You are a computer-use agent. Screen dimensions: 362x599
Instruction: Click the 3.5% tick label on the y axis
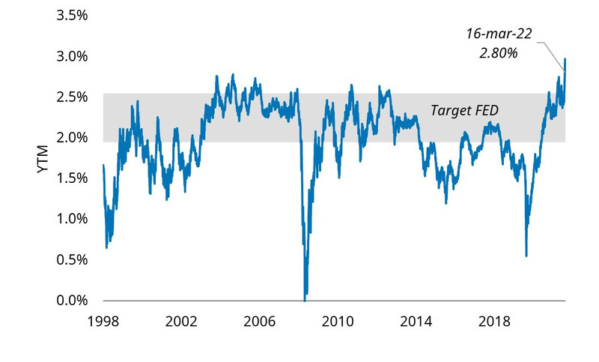(73, 15)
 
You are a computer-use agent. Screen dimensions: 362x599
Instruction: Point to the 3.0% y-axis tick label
(73, 56)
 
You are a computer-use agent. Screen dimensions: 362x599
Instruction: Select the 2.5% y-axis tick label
(73, 97)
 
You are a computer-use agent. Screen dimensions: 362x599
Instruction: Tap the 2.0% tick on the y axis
(73, 138)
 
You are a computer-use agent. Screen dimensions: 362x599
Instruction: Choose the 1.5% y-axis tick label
(73, 178)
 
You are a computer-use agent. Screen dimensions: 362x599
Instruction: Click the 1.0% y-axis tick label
(73, 219)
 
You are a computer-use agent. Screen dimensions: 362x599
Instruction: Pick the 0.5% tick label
(73, 260)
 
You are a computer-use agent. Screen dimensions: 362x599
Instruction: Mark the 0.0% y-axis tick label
(73, 301)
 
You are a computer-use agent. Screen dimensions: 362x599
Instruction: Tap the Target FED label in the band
(464, 110)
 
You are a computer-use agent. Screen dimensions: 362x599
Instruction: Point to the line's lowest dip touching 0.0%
(305, 299)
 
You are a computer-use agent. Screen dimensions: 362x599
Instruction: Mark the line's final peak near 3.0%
(565, 58)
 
